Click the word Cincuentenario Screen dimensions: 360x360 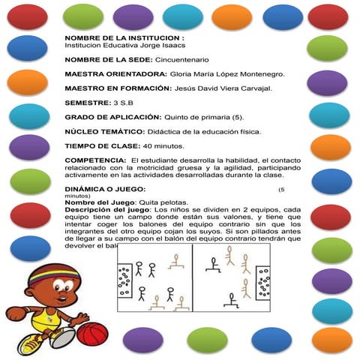[x=181, y=59]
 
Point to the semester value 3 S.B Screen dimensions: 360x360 [x=122, y=103]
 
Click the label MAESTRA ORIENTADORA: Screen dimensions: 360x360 [x=116, y=74]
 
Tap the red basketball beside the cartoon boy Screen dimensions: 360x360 [x=93, y=333]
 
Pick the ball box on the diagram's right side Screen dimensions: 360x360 [x=262, y=283]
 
